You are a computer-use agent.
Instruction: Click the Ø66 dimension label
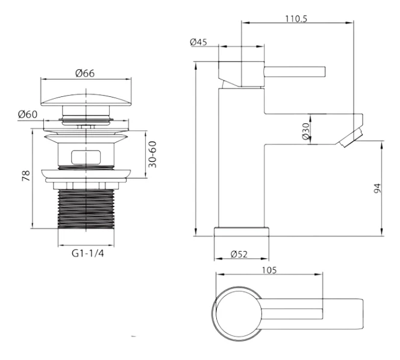85,73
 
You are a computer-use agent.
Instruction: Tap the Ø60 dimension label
28,114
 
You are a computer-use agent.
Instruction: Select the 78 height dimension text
26,176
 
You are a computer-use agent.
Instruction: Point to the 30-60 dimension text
152,154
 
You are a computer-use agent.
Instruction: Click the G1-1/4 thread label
88,253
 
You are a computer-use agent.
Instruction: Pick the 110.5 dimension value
296,19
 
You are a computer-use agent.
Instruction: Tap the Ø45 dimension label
198,42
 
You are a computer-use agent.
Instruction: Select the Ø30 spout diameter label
305,131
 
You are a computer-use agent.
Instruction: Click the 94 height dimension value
377,188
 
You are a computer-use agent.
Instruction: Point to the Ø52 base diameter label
239,254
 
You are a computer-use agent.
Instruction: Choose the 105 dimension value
269,270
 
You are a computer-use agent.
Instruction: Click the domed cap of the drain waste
86,100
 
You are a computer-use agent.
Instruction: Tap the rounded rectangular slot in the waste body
86,157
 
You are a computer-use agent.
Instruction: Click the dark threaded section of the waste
86,209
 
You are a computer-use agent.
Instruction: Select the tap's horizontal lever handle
295,72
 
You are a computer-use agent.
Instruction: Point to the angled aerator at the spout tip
350,138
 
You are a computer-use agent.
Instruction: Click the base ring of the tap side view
242,232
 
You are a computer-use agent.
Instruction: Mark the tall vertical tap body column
242,157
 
